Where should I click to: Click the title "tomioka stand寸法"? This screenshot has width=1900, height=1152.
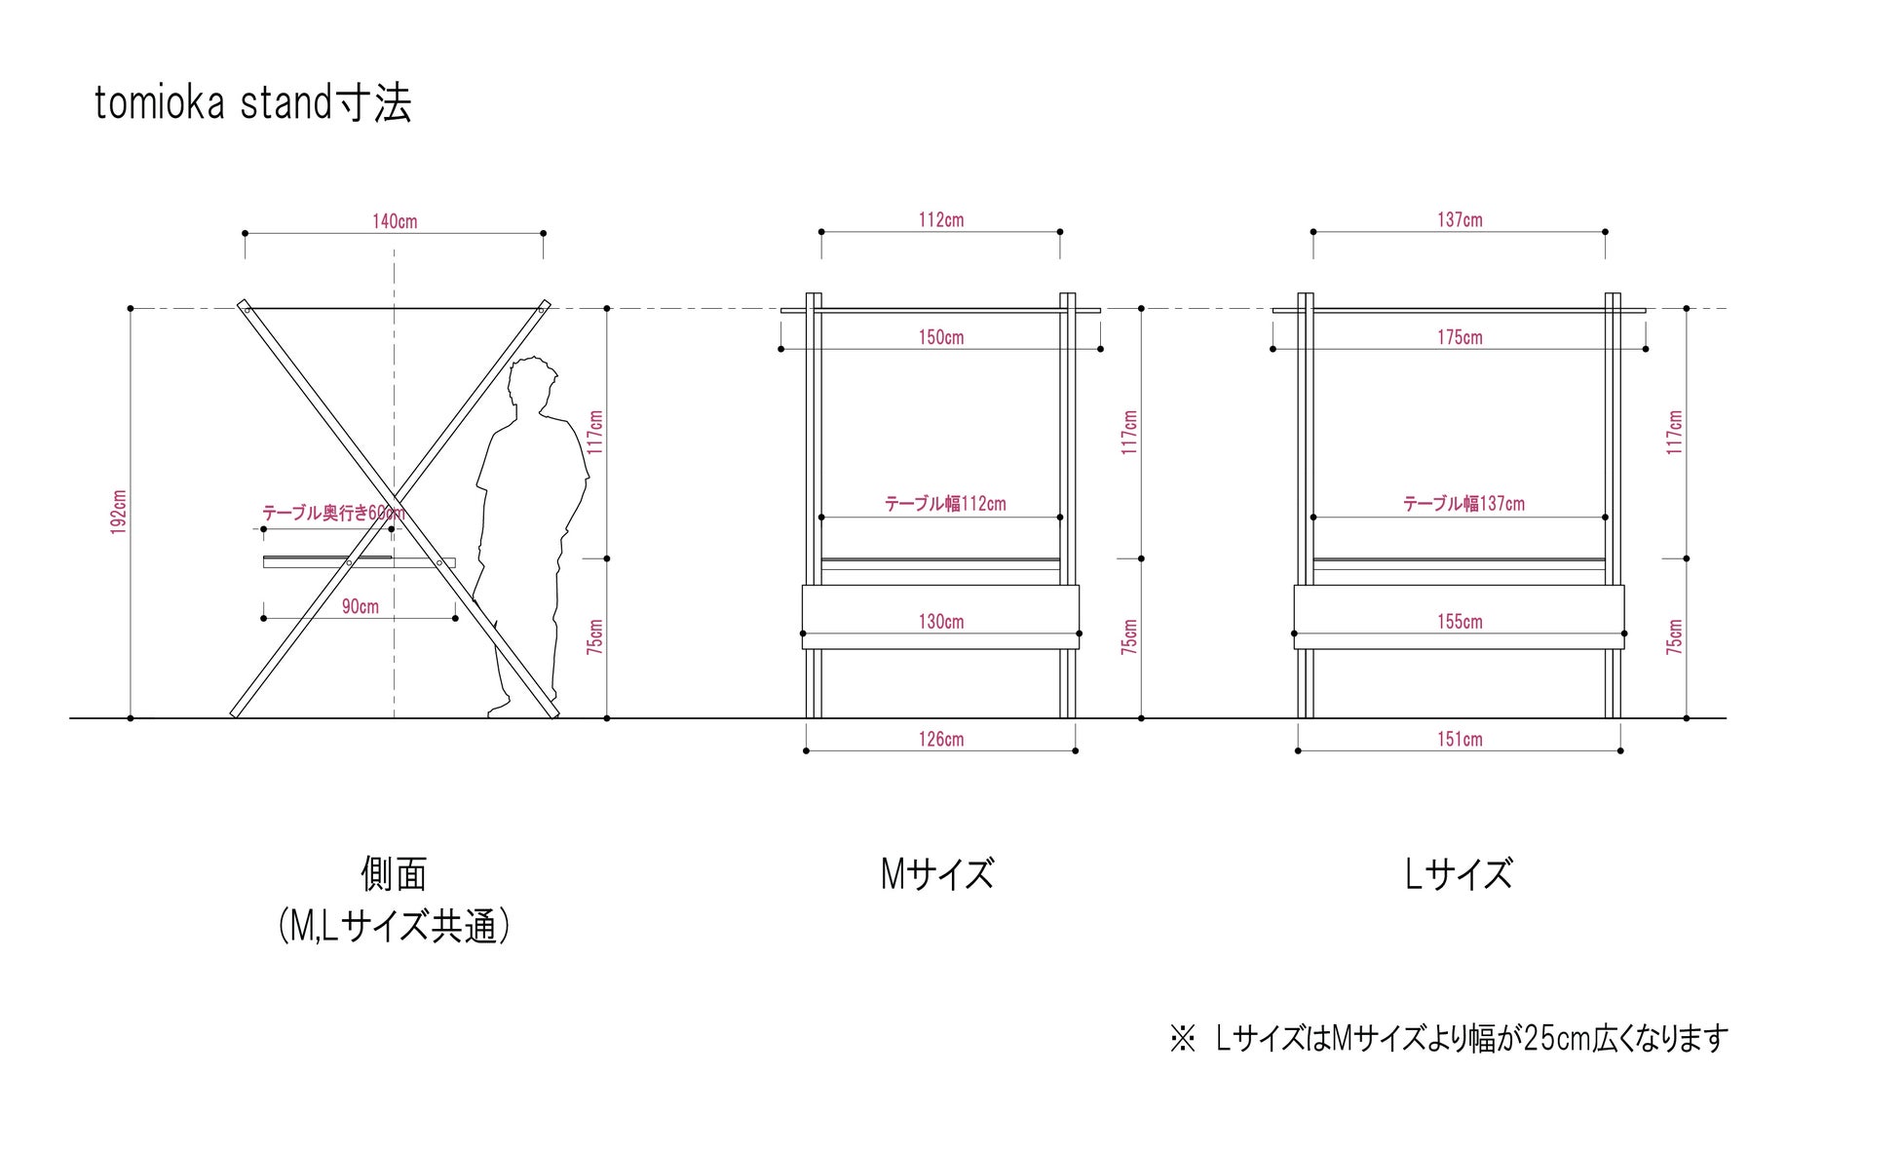pos(252,103)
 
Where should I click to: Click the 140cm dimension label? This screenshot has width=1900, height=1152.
pos(395,221)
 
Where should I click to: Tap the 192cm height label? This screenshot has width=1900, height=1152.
pos(119,512)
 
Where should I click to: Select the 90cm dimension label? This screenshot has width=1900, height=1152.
pos(361,606)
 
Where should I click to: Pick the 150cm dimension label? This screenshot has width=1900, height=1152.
pos(941,337)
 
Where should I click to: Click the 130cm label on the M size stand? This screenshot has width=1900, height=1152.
pos(941,621)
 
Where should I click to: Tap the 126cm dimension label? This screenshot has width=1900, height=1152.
pos(941,739)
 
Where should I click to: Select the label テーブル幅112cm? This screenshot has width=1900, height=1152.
pos(945,504)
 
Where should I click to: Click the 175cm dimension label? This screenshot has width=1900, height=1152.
pos(1460,337)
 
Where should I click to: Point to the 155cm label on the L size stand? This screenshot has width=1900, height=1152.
pos(1460,621)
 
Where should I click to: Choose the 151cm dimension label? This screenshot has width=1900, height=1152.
pos(1460,739)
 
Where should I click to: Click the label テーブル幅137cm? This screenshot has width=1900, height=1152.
pos(1463,504)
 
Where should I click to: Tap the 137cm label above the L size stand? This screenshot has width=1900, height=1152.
pos(1460,220)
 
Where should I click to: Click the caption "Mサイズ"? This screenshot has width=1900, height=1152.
pos(937,874)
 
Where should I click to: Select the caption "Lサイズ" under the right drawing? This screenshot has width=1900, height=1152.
pos(1459,874)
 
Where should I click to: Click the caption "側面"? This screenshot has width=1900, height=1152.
pos(394,874)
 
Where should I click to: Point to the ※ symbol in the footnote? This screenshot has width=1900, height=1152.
pos(1182,1038)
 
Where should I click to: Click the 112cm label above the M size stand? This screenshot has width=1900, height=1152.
pos(941,220)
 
